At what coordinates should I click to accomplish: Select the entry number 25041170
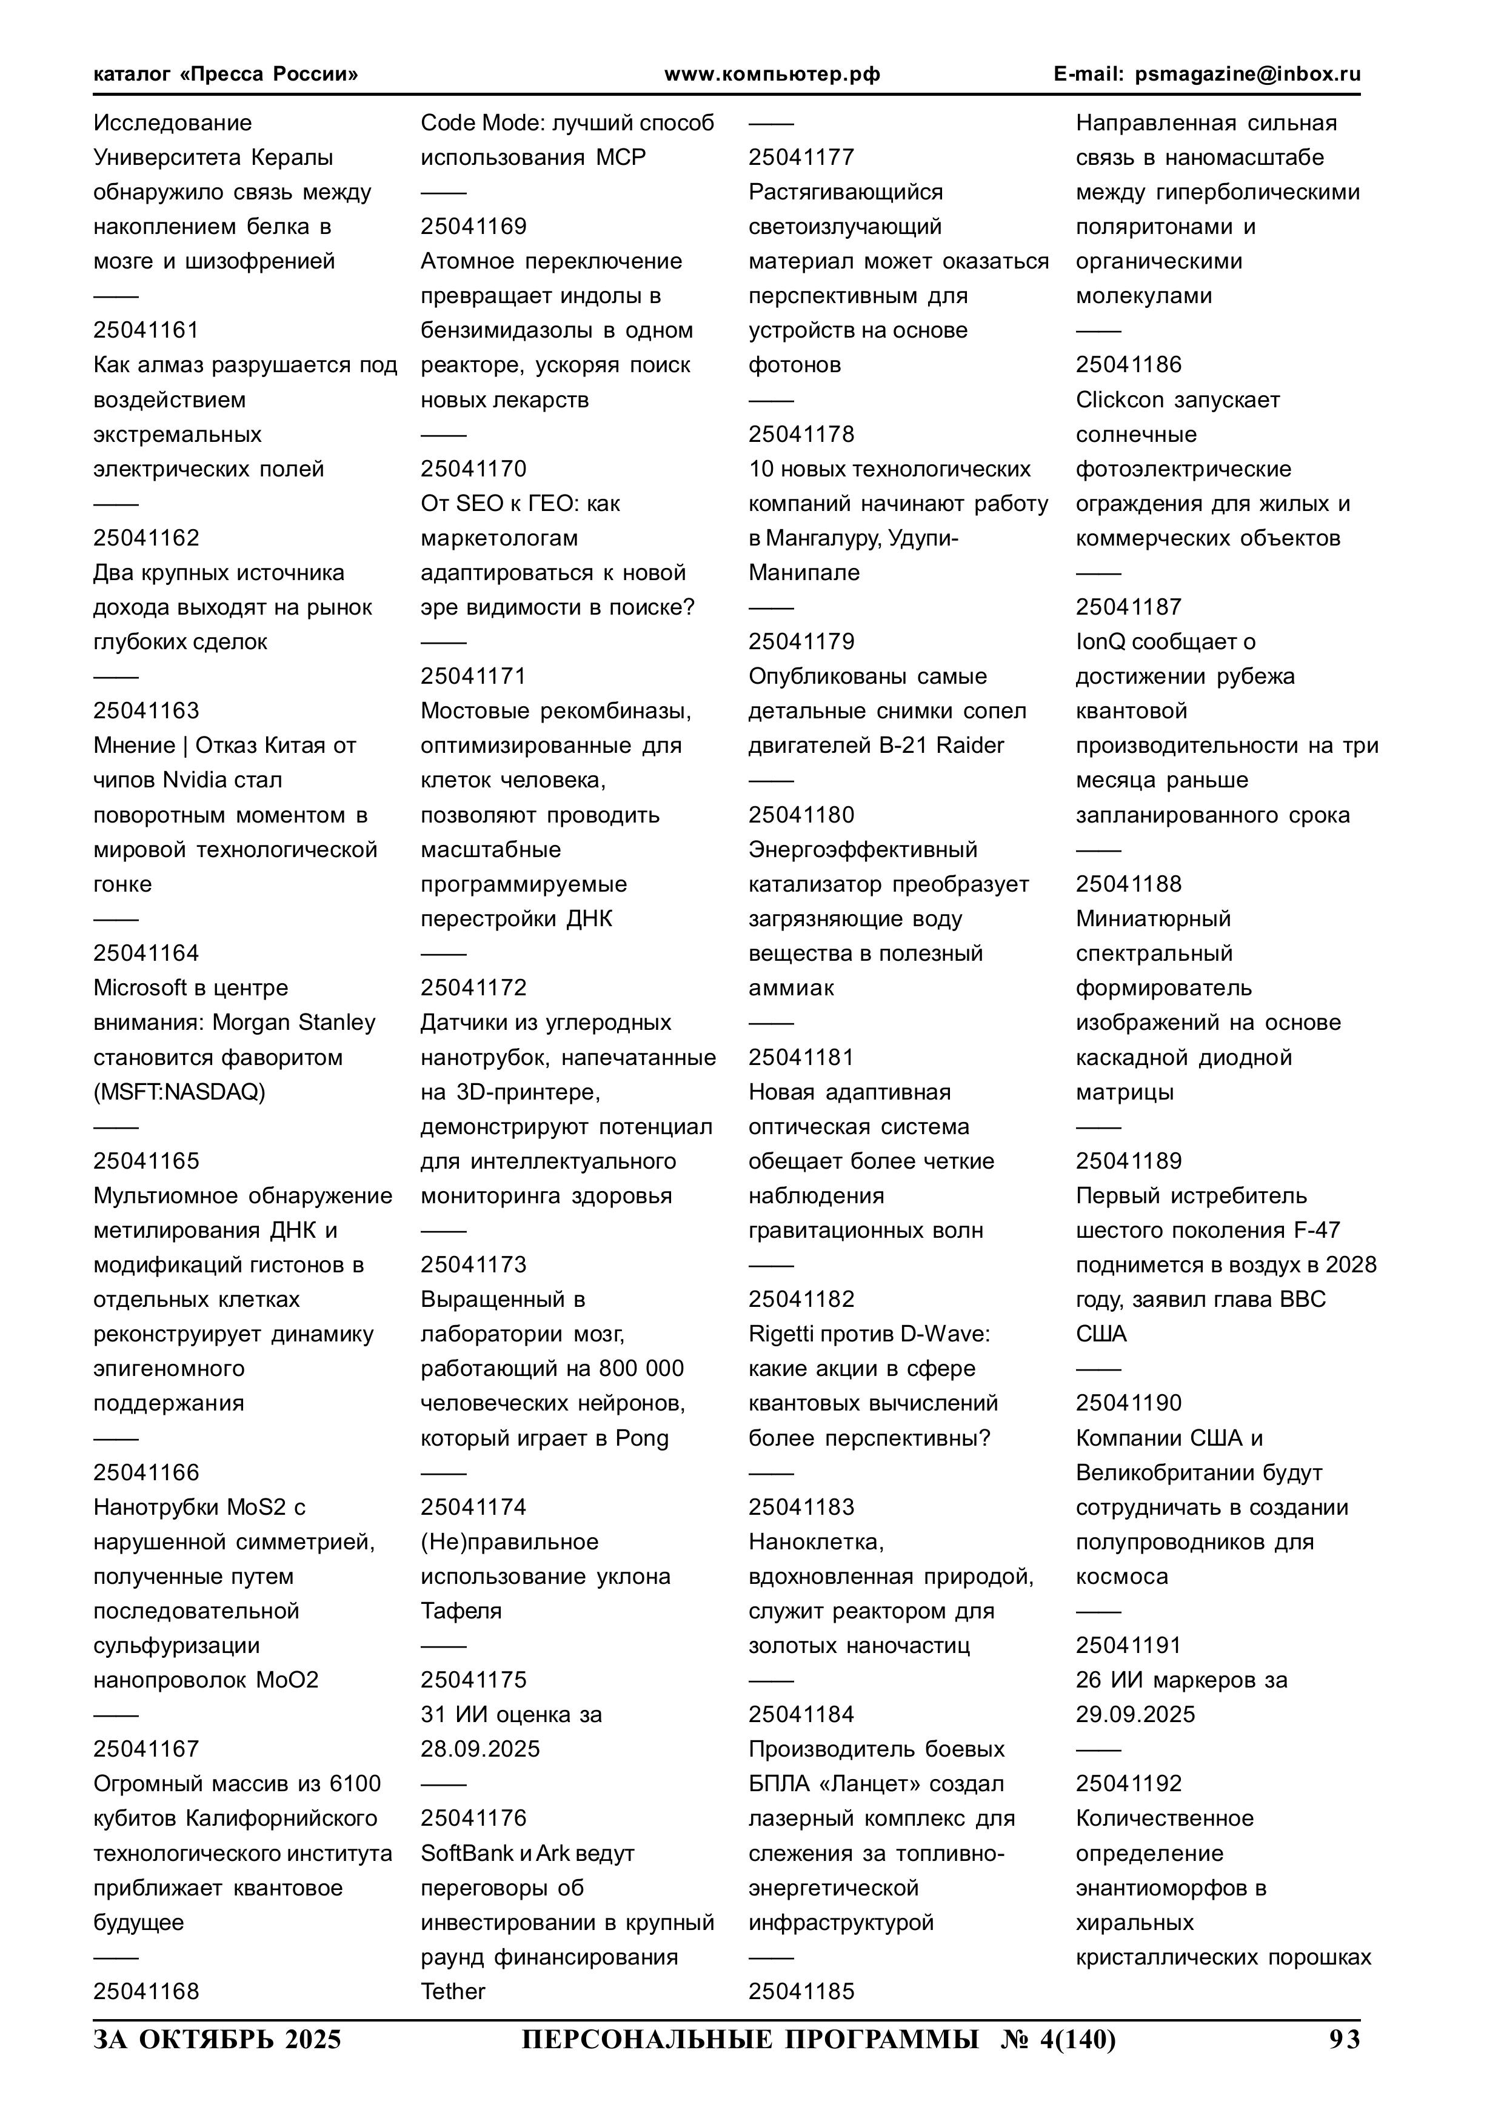(473, 469)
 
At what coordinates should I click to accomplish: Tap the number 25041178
(801, 435)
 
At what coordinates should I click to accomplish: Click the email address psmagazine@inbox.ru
(1248, 74)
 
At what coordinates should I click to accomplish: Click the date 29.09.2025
(1135, 1715)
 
